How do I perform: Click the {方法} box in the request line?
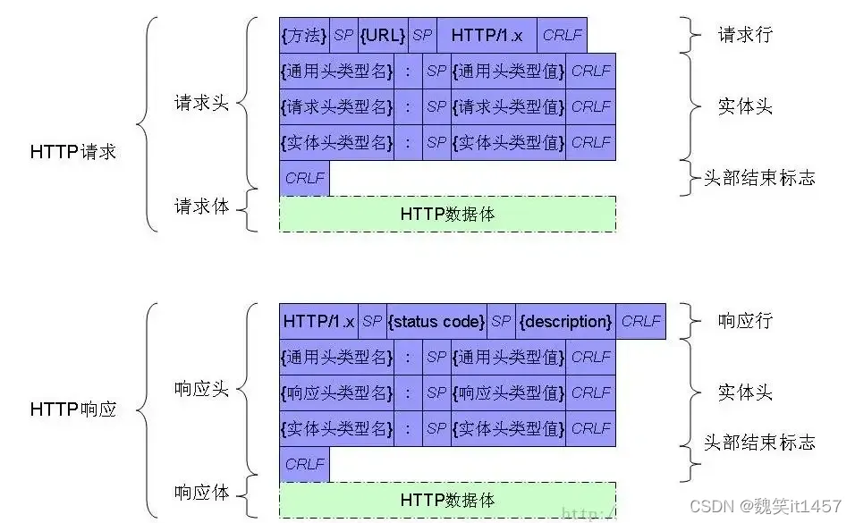(304, 35)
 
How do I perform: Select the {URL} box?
(383, 35)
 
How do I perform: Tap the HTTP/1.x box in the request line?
(487, 35)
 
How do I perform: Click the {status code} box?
(436, 321)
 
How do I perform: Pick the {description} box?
(565, 321)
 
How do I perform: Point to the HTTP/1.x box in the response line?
(318, 321)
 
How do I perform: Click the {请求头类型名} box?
(336, 106)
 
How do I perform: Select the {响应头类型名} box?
(336, 392)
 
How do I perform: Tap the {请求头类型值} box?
(508, 106)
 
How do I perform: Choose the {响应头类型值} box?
(508, 392)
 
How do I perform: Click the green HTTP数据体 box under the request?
(447, 215)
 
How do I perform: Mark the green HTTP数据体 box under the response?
(447, 500)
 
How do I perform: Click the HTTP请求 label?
(73, 152)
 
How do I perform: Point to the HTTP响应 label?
(73, 410)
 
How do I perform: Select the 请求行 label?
(745, 35)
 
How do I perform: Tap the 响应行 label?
(745, 321)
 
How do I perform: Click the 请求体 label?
(201, 207)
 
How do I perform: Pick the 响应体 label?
(201, 492)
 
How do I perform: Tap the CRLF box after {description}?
(640, 321)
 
